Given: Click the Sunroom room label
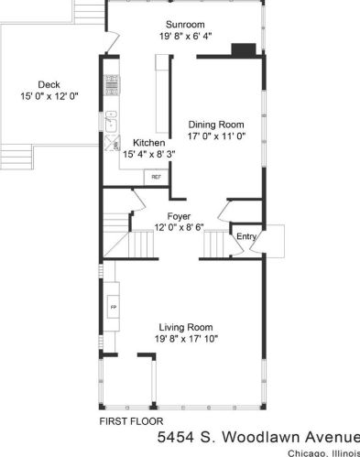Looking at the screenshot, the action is point(185,25).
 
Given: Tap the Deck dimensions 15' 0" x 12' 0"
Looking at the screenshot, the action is point(49,96).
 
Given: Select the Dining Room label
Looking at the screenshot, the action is point(216,125).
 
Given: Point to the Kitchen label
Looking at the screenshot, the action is point(149,143).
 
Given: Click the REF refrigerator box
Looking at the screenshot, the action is point(156,177).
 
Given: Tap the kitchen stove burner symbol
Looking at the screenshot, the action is point(112,85).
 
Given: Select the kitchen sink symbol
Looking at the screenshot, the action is point(111,122).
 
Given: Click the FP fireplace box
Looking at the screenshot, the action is point(114,307).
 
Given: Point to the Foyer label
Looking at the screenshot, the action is point(179,216).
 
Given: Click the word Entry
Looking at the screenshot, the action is point(246,236).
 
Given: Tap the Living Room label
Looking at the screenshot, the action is point(186,327).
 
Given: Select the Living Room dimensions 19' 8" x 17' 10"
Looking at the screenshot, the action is point(186,339).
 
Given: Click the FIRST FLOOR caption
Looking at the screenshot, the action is point(131,421).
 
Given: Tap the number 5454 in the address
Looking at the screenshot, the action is point(176,437).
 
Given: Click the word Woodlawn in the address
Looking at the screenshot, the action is point(261,437).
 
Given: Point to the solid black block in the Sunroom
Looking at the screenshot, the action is point(244,50).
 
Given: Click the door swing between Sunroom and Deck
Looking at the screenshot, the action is point(112,43).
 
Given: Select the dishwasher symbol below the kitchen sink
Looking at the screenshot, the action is point(112,143).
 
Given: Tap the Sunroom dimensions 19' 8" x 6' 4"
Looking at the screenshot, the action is point(186,36).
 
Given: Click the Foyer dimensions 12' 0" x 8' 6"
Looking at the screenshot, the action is point(180,228).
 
